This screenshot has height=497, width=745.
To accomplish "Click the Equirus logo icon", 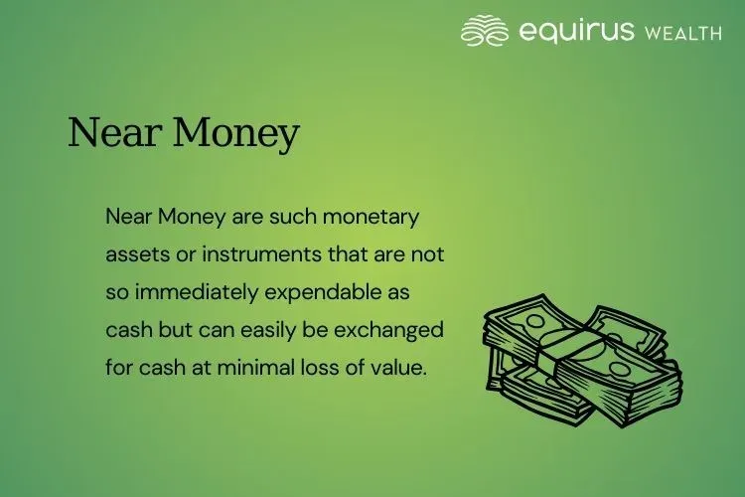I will tap(485, 30).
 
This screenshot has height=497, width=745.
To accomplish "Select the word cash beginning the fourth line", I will tap(128, 329).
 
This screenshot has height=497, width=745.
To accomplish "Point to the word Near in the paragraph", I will tap(128, 216).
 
